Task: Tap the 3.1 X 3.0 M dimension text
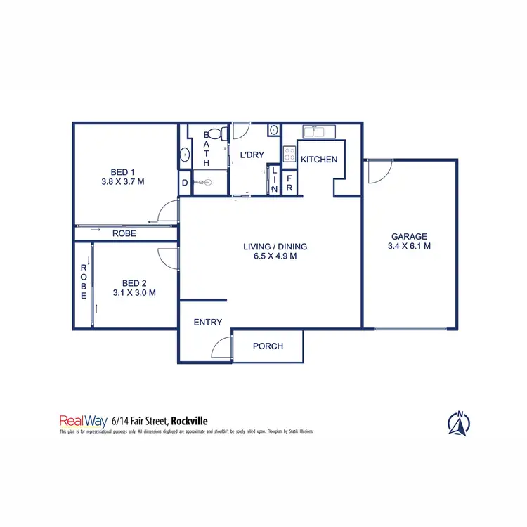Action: (x=134, y=293)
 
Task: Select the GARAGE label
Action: (x=409, y=237)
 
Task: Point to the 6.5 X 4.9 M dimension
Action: (x=275, y=256)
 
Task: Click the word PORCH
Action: (x=268, y=346)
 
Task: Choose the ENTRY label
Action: (x=207, y=323)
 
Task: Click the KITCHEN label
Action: (x=319, y=160)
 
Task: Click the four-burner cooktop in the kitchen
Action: (x=289, y=154)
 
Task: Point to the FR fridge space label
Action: (x=289, y=183)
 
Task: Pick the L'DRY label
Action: (x=251, y=155)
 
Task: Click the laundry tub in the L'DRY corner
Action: (x=272, y=130)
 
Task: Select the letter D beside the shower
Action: (x=185, y=183)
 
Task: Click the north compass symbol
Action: (x=459, y=422)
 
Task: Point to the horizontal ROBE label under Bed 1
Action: (x=123, y=234)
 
